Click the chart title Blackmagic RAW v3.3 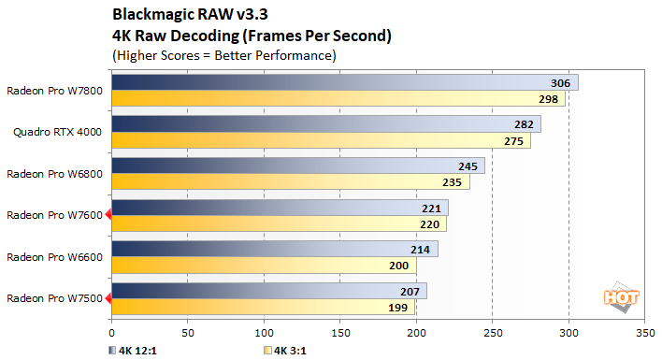point(183,14)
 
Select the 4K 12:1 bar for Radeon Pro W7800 point(344,83)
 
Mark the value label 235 point(453,182)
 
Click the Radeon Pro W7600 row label point(54,215)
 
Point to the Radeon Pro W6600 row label point(54,256)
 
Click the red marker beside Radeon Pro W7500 point(108,299)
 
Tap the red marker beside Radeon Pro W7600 point(108,215)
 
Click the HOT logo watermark point(620,296)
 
